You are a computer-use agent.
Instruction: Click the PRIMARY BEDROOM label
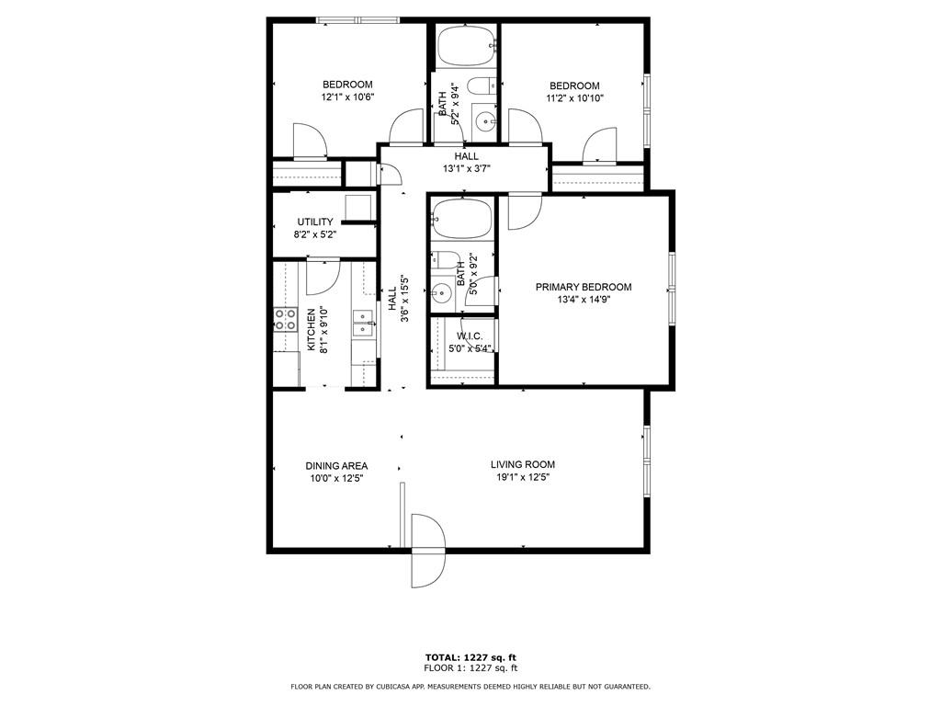coord(584,287)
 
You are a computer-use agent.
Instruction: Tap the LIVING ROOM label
coord(522,464)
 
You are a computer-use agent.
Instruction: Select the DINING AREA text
coord(336,466)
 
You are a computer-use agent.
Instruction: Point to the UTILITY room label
coord(314,222)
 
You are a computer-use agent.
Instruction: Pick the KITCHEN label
coord(312,329)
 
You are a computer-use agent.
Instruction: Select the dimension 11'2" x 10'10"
coord(574,98)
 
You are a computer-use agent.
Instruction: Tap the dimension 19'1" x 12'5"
coord(522,477)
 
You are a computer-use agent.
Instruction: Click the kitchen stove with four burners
coord(285,319)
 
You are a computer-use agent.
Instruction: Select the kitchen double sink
coord(364,322)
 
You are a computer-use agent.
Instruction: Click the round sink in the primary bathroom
coord(442,295)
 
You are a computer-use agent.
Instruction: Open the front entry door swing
coord(428,552)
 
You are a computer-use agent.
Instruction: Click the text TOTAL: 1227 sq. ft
coord(470,657)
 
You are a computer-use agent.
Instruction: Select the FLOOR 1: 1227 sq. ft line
coord(470,668)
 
